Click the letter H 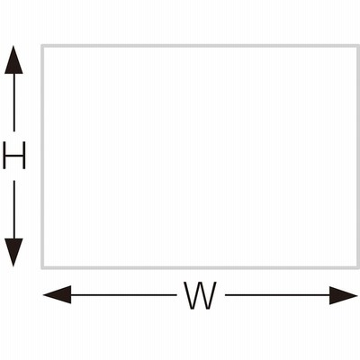tap(14, 156)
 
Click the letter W tap(201, 295)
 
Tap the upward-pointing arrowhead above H tap(13, 59)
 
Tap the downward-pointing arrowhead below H tap(13, 252)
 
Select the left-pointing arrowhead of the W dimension tap(58, 294)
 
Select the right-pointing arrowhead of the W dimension tap(343, 295)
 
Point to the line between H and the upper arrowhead tap(13, 103)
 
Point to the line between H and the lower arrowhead tap(13, 210)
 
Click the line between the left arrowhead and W tap(123, 295)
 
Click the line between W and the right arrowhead tap(277, 295)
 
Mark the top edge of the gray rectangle tap(201, 46)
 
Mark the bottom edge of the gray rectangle tap(201, 267)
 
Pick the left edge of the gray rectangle tap(43, 157)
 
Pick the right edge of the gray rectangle tap(358, 157)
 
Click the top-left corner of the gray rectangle tap(42, 45)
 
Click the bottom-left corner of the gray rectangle tap(42, 268)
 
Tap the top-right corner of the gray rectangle tap(359, 45)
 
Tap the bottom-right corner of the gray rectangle tap(359, 268)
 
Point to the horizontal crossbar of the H tap(14, 155)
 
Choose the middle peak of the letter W tap(200, 283)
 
